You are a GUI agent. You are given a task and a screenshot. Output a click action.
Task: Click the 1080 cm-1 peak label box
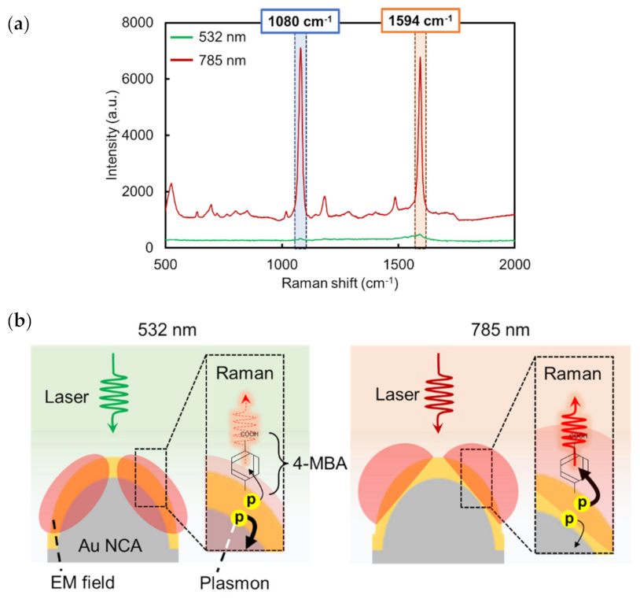(x=300, y=18)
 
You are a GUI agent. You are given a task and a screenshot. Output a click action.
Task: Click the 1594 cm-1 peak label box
(x=420, y=18)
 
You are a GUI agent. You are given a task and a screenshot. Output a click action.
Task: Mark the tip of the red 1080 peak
(x=300, y=48)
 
